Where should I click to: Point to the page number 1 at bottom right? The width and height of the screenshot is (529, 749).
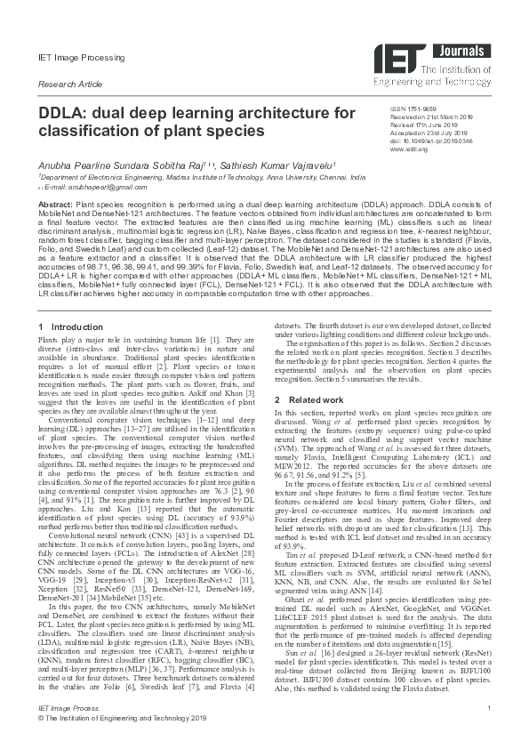click(x=489, y=731)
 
